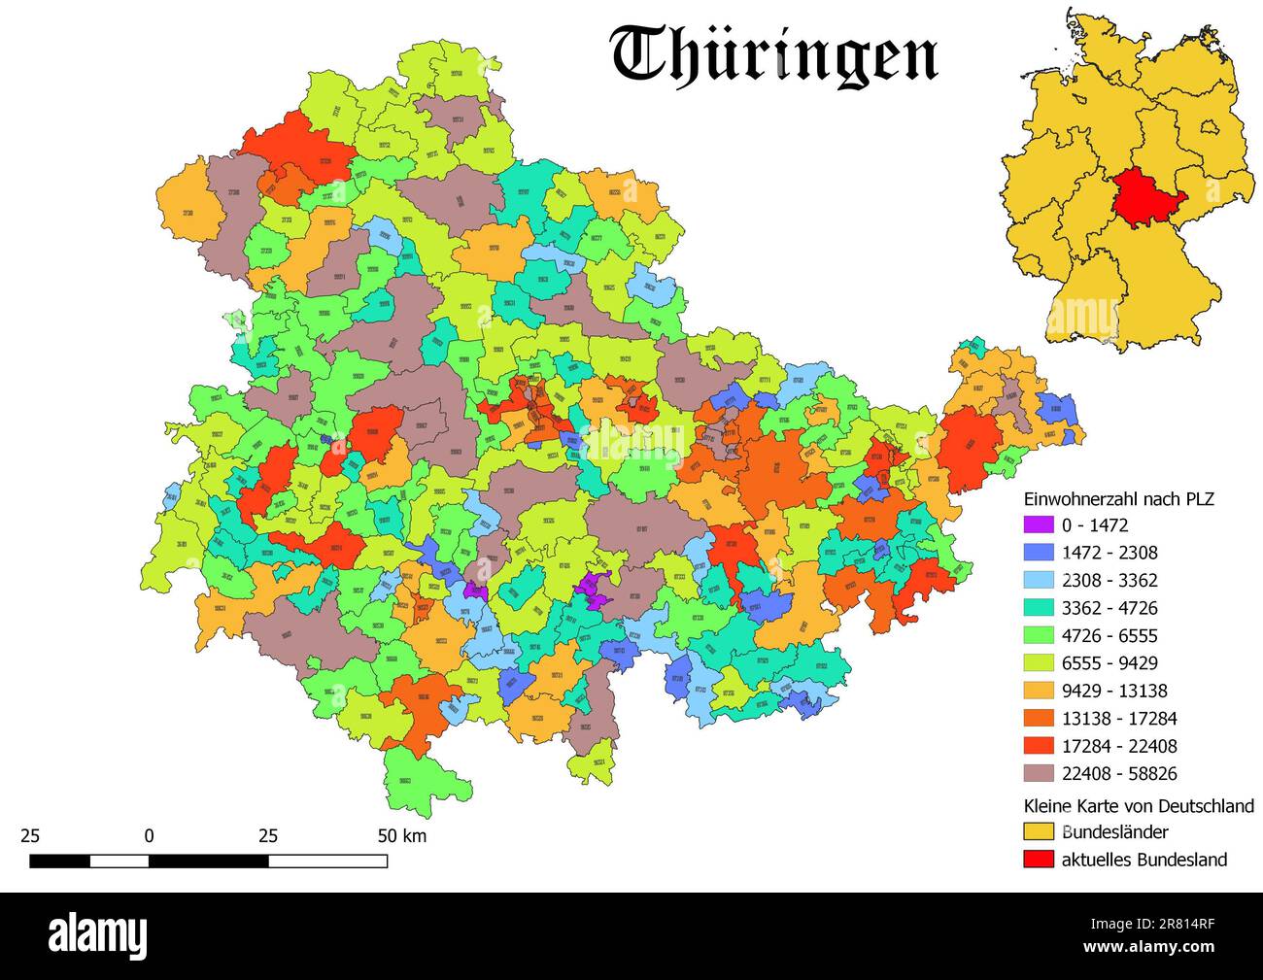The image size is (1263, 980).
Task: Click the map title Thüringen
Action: [x=774, y=54]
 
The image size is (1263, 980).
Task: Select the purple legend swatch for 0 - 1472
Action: [x=1039, y=525]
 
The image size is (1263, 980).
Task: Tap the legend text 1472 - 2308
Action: [x=1109, y=553]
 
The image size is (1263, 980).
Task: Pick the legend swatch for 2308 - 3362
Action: [x=1039, y=581]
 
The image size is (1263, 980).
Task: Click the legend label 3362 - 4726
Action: [x=1109, y=608]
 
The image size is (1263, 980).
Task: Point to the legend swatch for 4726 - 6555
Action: [x=1039, y=636]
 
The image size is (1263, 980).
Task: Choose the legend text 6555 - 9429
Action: [x=1109, y=663]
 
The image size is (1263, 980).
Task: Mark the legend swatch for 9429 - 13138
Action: [x=1039, y=692]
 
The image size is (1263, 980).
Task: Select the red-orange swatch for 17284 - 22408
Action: [x=1039, y=747]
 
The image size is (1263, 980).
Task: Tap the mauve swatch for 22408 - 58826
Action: [x=1039, y=774]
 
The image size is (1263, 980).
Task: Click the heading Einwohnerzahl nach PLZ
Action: [x=1119, y=498]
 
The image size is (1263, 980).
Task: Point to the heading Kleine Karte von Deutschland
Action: [x=1139, y=806]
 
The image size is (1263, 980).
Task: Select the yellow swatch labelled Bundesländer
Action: [x=1039, y=832]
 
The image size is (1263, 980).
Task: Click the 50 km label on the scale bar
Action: [x=401, y=835]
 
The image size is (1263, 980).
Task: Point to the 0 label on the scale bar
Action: [x=149, y=835]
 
